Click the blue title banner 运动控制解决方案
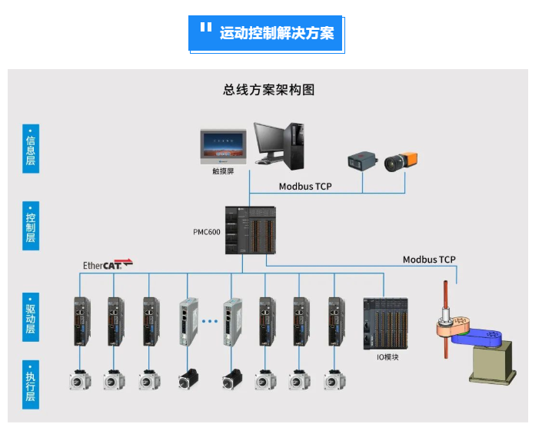(x=267, y=34)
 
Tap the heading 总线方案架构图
(x=269, y=90)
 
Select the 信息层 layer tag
(x=30, y=149)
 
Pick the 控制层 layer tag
(x=30, y=224)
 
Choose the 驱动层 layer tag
(x=30, y=313)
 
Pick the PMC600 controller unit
(x=250, y=230)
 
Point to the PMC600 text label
(x=206, y=231)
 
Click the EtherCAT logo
(x=108, y=264)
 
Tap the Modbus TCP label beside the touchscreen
(x=305, y=187)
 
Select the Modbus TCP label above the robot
(x=429, y=260)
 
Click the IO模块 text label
(x=386, y=356)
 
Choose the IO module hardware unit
(x=386, y=323)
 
